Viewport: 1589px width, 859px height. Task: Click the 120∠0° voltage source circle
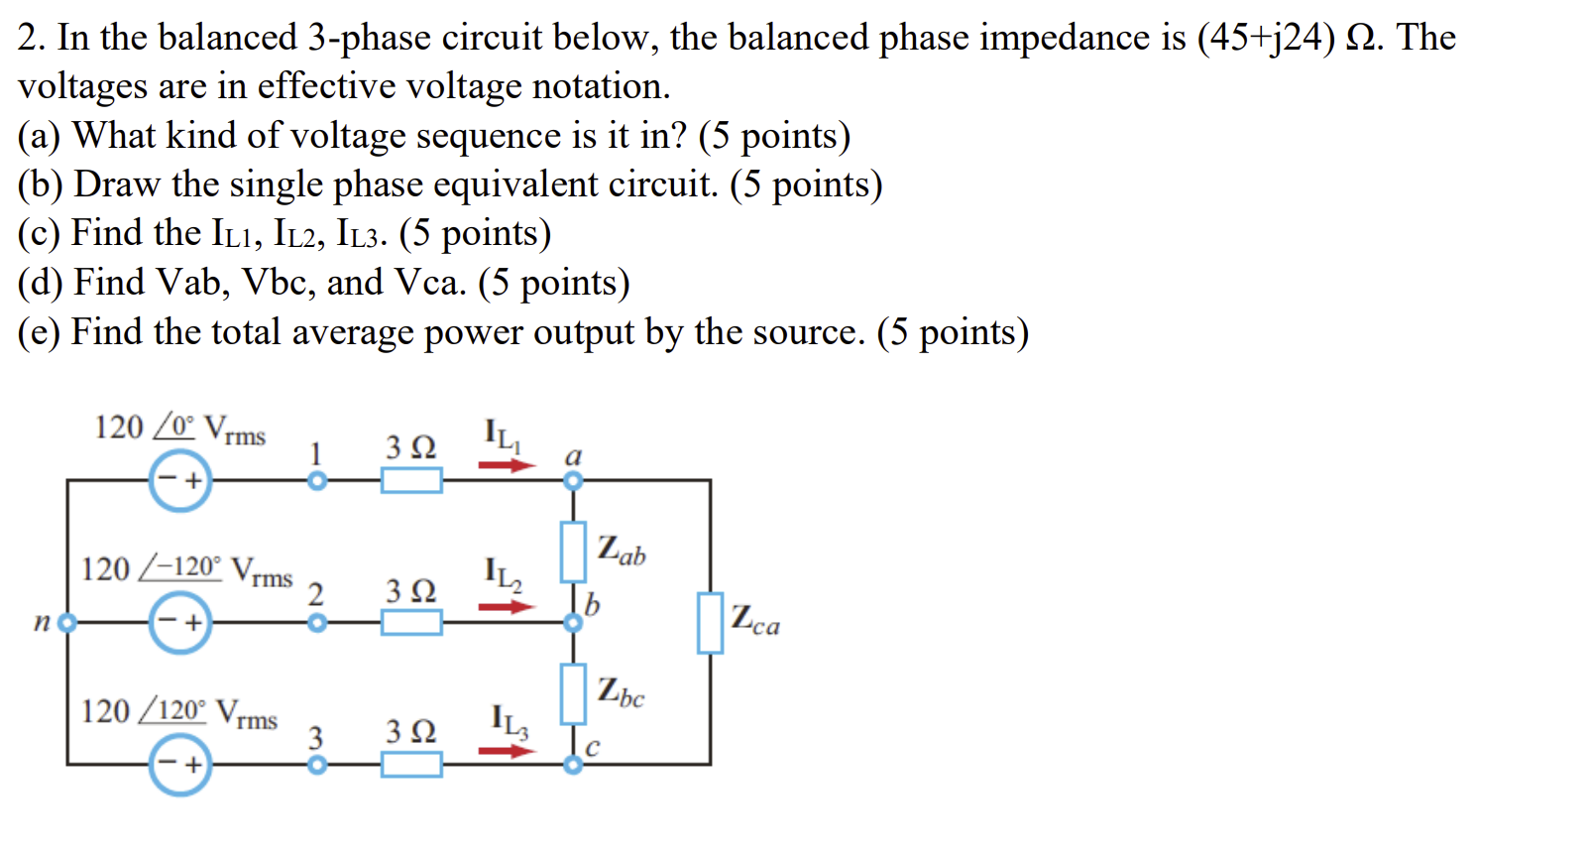(180, 481)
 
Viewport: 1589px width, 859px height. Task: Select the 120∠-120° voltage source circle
(180, 623)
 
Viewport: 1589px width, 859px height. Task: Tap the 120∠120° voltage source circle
(180, 765)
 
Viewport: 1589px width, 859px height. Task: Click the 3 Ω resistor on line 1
(411, 481)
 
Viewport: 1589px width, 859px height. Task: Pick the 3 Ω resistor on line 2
(411, 623)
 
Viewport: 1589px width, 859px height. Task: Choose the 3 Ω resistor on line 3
(411, 765)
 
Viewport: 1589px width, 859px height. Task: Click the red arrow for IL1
(507, 464)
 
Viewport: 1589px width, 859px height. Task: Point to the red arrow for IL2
(507, 606)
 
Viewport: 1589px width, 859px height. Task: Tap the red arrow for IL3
(507, 751)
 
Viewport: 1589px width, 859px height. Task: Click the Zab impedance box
(573, 552)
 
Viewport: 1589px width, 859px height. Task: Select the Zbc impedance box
(573, 693)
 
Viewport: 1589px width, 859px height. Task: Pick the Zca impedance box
(710, 623)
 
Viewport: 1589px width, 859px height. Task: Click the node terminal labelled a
(573, 481)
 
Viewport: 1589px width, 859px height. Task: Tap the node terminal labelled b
(573, 623)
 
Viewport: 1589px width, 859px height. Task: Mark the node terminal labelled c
(573, 765)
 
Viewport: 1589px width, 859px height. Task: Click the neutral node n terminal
(67, 623)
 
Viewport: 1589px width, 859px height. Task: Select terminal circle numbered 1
(317, 481)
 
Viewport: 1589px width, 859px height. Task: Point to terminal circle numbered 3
(317, 765)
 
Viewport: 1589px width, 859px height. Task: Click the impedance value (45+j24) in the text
(1266, 38)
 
